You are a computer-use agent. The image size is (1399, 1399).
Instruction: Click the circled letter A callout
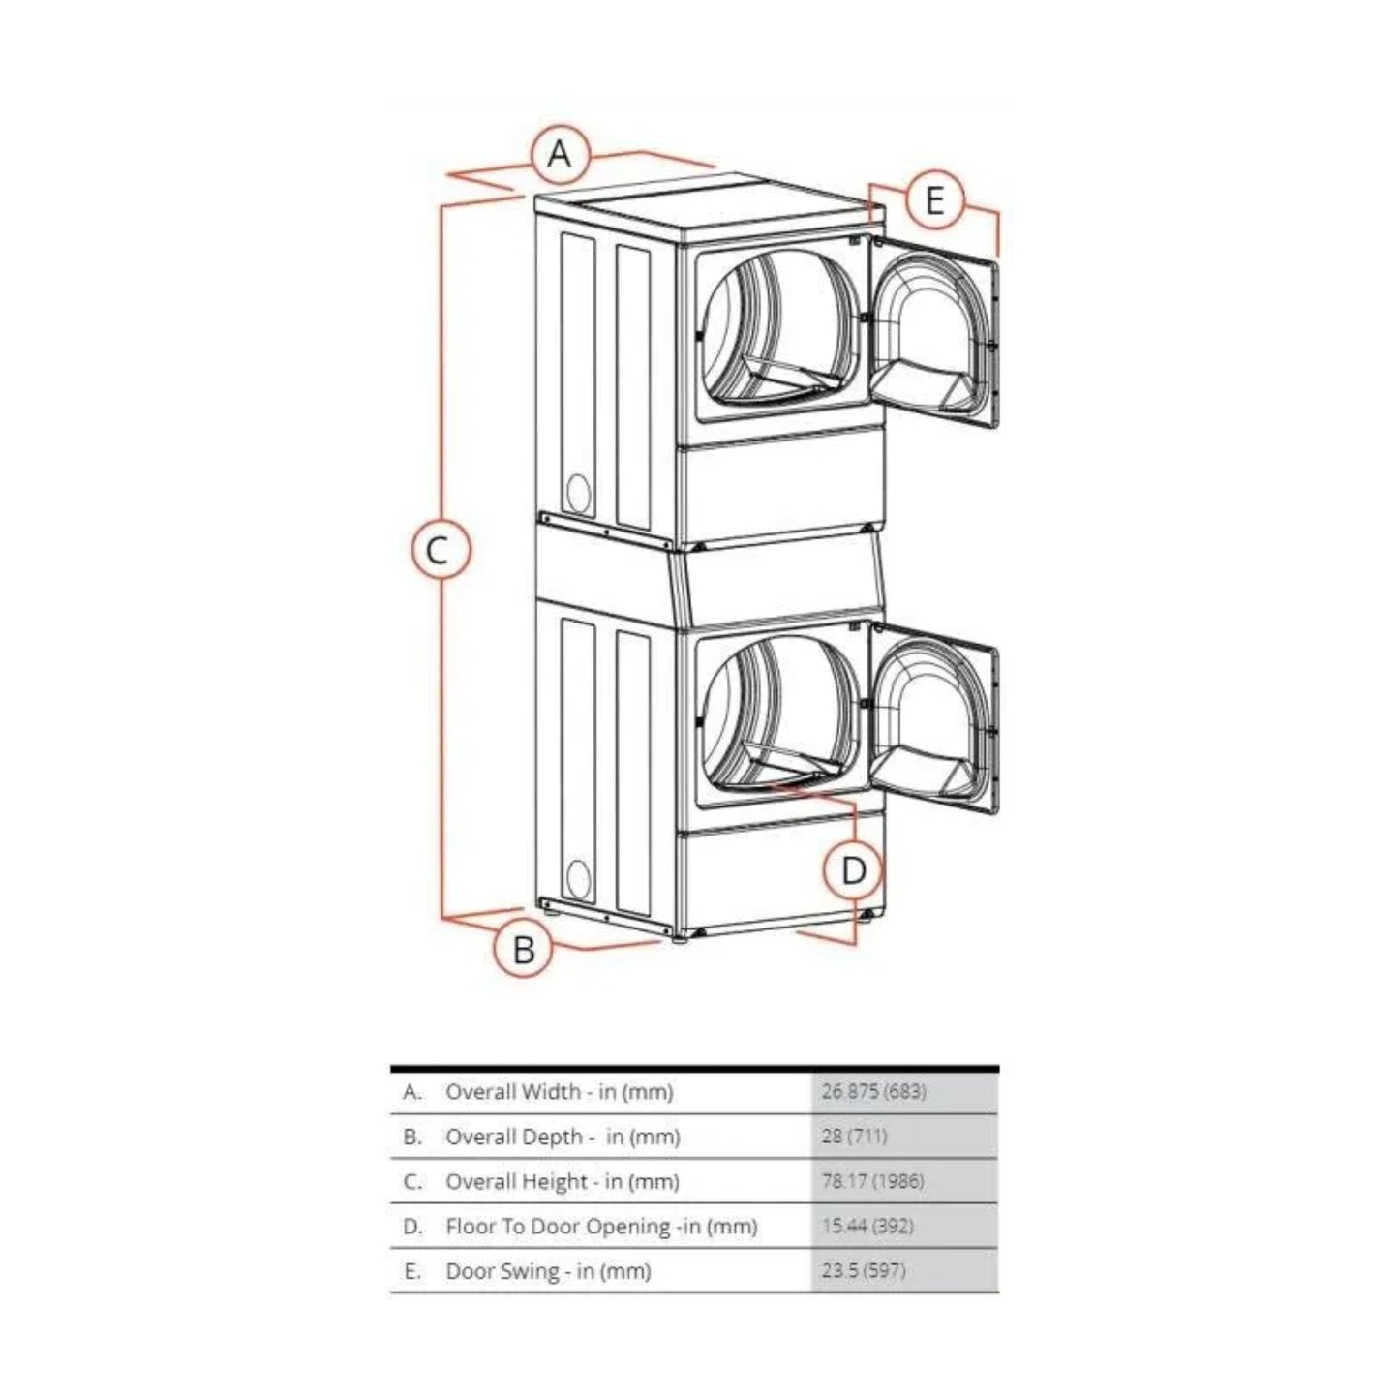click(560, 154)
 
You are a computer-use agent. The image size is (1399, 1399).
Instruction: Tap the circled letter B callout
click(523, 949)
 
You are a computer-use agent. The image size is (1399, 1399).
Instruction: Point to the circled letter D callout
click(853, 870)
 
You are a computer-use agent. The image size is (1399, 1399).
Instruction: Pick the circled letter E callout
click(934, 200)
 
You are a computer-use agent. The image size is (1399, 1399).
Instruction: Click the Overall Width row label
click(559, 1092)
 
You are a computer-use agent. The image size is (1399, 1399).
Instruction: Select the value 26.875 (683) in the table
click(873, 1092)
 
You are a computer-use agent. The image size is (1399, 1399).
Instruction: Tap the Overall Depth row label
click(563, 1137)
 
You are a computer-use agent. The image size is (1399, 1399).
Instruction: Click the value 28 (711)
click(854, 1137)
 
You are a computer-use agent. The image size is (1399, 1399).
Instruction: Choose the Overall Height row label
click(562, 1181)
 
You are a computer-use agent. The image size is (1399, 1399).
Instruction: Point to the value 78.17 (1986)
click(872, 1181)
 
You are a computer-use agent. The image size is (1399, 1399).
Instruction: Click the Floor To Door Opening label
click(600, 1227)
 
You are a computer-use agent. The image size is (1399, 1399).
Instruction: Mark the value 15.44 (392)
click(867, 1227)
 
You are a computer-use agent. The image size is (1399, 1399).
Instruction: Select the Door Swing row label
click(548, 1271)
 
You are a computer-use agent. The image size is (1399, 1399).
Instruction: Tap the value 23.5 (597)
click(864, 1271)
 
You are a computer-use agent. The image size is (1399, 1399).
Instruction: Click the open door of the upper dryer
click(932, 334)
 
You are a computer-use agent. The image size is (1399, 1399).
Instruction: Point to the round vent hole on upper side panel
click(578, 494)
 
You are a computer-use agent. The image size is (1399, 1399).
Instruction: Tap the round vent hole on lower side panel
click(578, 878)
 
